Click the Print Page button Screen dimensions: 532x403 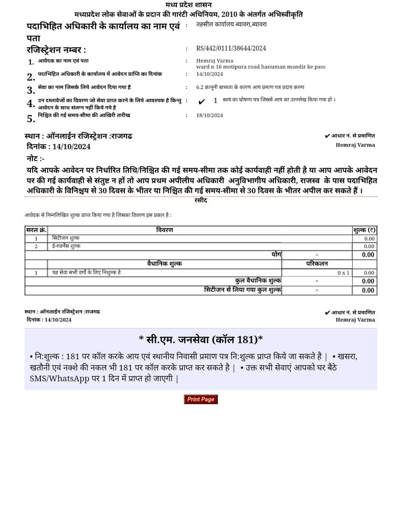pos(200,400)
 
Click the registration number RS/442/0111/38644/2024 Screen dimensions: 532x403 pos(231,48)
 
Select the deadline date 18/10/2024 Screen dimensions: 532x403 pos(209,115)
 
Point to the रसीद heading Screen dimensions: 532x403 pos(201,200)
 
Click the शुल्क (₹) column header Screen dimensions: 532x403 pos(364,230)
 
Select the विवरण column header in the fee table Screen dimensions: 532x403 pos(164,230)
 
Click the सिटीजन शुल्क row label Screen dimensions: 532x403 pos(66,239)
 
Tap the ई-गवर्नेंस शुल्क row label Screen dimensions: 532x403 pos(66,246)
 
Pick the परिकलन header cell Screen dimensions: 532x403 pos(317,264)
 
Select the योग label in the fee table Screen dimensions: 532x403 pos(276,254)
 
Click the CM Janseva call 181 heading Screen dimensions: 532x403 pos(201,339)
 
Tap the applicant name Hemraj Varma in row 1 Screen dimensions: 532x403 pos(211,61)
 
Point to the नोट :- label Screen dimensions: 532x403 pos(36,158)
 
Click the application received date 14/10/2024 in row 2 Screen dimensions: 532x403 pos(209,74)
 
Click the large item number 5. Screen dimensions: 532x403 pos(31,118)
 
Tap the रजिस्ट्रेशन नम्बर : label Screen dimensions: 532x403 pos(56,50)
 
